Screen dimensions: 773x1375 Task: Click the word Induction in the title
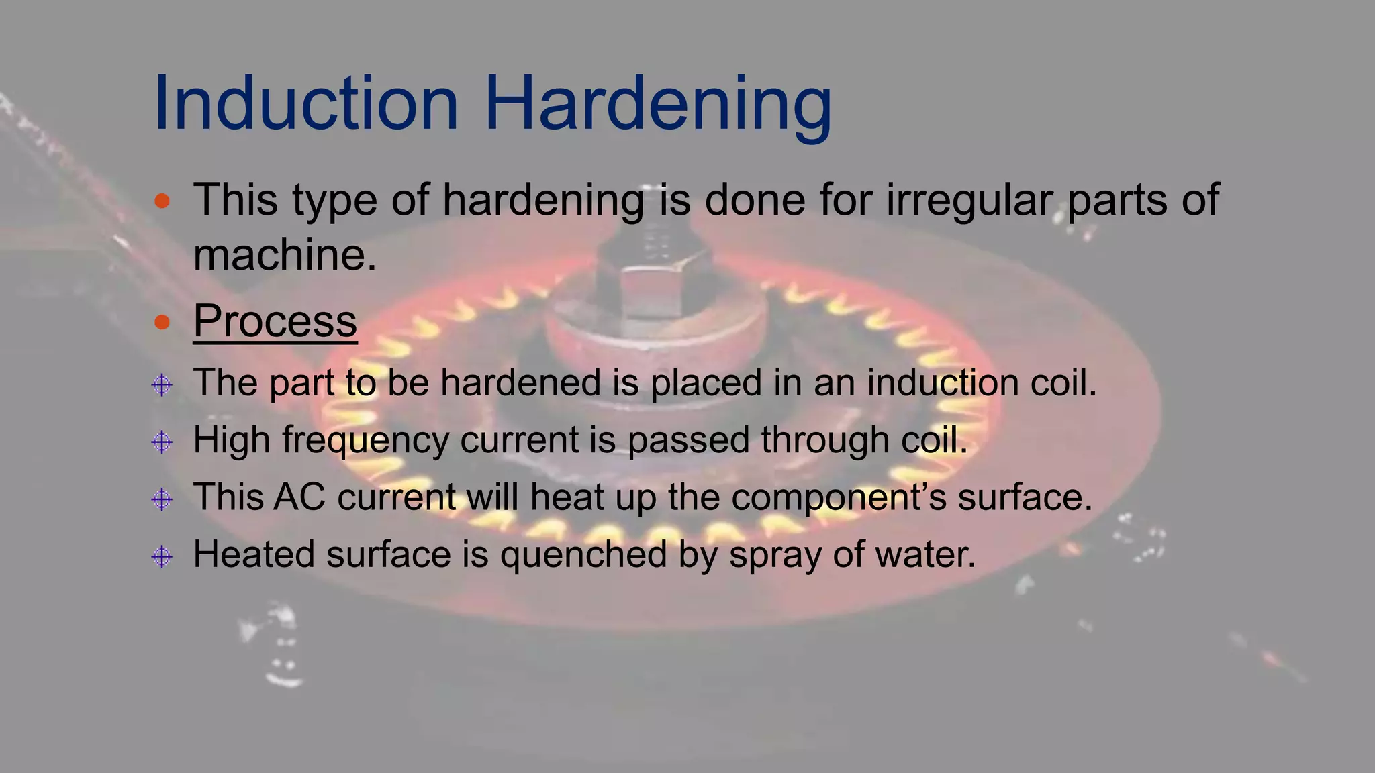tap(306, 103)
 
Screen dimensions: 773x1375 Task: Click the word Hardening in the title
tap(658, 103)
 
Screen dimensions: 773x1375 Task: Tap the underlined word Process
tap(275, 321)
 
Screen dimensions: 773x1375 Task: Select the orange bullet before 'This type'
tap(162, 200)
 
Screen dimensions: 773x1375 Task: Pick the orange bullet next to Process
tap(162, 322)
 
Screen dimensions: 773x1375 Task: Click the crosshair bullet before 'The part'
tap(162, 385)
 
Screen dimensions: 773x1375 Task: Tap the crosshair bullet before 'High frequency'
tap(162, 442)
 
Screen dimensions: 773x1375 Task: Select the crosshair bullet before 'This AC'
tap(162, 499)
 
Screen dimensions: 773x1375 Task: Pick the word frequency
tap(365, 441)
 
